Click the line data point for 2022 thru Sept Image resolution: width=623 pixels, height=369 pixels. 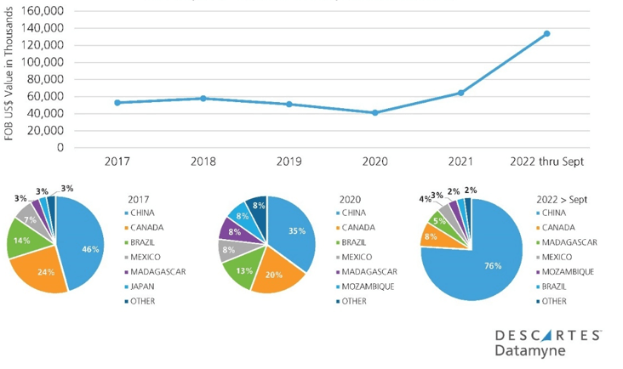pyautogui.click(x=546, y=34)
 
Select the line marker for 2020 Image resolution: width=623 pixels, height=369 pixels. pyautogui.click(x=374, y=112)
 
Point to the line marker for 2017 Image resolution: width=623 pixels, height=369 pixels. pyautogui.click(x=117, y=103)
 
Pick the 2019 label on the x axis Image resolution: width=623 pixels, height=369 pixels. pyautogui.click(x=289, y=162)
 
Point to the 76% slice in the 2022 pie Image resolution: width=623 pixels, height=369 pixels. pyautogui.click(x=464, y=264)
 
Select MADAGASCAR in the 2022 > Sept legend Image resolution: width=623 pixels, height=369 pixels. pyautogui.click(x=569, y=241)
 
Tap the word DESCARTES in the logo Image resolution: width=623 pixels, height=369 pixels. pyautogui.click(x=548, y=335)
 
